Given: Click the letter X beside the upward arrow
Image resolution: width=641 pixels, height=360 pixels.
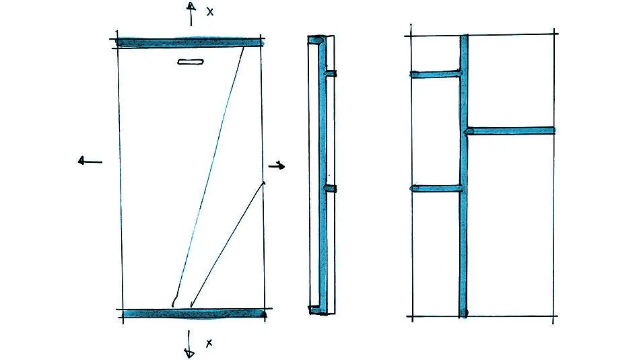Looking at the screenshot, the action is (209, 12).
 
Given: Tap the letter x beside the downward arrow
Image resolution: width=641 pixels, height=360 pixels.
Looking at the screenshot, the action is (209, 343).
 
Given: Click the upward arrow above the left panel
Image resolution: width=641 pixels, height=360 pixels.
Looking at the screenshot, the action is (191, 13).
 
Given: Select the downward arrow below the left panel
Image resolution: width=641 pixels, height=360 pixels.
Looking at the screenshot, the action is (189, 345).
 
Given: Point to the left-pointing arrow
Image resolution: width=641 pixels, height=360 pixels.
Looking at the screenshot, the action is (90, 161).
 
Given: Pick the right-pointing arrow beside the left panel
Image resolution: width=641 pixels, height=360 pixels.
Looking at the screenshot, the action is (277, 166).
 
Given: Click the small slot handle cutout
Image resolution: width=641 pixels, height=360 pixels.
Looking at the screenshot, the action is (191, 62).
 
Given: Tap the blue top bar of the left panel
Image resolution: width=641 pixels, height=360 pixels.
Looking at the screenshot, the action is (189, 42).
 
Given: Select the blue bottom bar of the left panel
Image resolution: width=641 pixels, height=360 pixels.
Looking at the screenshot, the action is (194, 314).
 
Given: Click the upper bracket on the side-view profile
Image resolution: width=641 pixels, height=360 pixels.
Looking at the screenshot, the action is (331, 73).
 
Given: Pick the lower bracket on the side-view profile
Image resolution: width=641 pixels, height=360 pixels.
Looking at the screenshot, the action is (331, 188).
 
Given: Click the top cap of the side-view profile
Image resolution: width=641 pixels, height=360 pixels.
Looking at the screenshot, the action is (316, 40).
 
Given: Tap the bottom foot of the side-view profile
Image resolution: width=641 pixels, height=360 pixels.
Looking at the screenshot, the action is (316, 310).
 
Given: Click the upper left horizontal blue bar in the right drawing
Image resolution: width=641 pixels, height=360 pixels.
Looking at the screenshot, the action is (436, 74).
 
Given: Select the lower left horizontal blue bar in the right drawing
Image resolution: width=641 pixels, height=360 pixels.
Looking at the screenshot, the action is (436, 188).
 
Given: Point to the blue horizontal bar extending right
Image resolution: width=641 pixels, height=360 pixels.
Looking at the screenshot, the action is (510, 131).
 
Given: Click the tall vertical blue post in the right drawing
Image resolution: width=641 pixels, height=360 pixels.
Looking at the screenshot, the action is (463, 176).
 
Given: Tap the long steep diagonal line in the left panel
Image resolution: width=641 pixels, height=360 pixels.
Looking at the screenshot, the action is (209, 176).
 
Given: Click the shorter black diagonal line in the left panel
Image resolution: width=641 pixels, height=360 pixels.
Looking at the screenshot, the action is (228, 244).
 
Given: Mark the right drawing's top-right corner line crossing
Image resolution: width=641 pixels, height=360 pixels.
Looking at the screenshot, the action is (554, 34).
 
